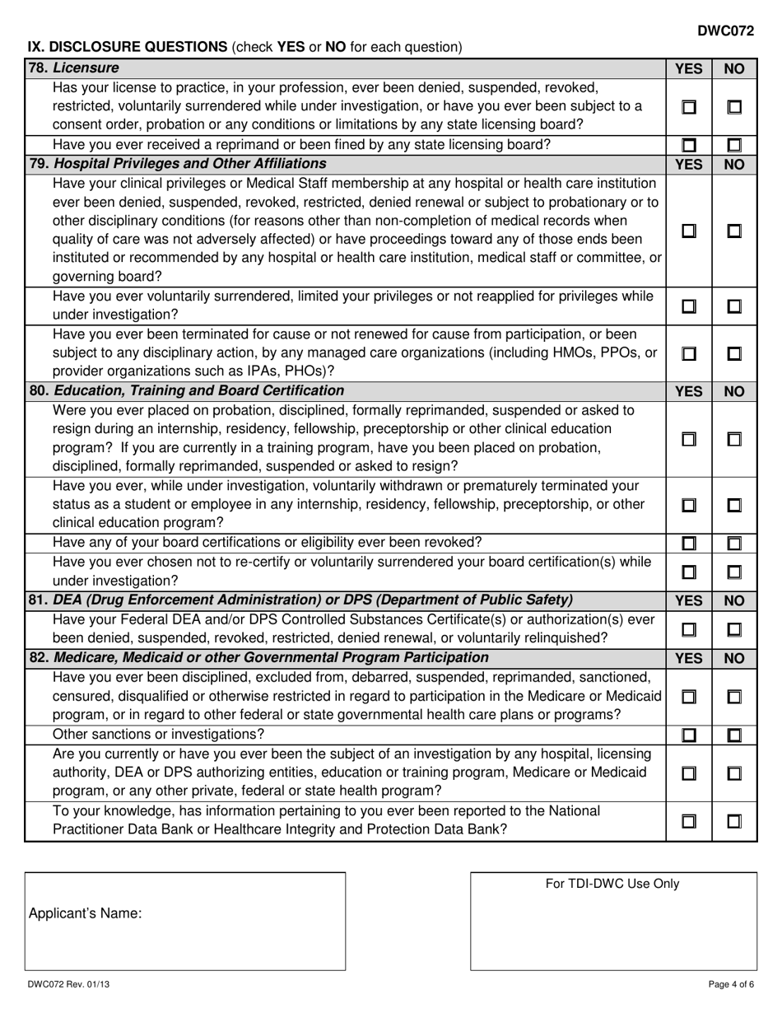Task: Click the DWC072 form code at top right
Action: click(725, 30)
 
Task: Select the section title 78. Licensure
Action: click(74, 68)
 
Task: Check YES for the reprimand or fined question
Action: click(688, 146)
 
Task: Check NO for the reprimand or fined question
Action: click(734, 146)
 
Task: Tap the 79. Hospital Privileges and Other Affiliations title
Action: click(178, 163)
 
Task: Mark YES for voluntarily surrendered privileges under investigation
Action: click(688, 306)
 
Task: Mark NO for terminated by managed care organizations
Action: click(734, 353)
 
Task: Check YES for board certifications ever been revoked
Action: click(688, 543)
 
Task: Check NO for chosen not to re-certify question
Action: click(734, 571)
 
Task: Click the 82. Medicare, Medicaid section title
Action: click(258, 657)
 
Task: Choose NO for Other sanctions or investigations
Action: click(734, 735)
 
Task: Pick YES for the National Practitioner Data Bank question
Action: click(688, 820)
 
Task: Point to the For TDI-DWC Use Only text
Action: click(612, 884)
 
